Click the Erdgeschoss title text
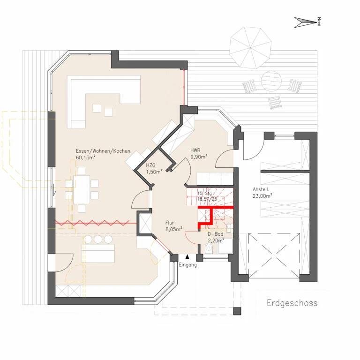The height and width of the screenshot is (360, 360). click(292, 303)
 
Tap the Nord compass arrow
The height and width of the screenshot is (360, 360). click(305, 22)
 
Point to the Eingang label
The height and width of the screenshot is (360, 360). click(188, 265)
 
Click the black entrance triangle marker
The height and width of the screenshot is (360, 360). click(187, 257)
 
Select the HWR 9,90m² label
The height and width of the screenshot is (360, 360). click(199, 154)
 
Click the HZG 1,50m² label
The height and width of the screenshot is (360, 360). click(154, 169)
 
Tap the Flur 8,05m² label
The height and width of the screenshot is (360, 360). click(174, 226)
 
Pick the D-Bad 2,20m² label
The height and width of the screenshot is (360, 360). click(216, 237)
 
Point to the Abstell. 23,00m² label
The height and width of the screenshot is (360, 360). click(262, 193)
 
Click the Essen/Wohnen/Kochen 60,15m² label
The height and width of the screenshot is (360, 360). click(103, 154)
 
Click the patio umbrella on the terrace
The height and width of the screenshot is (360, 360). click(250, 47)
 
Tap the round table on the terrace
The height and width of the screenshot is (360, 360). click(271, 81)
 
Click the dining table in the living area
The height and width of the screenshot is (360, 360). click(82, 190)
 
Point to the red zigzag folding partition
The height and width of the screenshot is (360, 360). click(92, 223)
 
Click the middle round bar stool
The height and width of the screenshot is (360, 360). click(98, 239)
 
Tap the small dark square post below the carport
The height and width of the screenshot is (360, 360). click(237, 311)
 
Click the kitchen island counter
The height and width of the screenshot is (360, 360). click(98, 254)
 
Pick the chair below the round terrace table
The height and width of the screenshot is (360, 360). click(275, 102)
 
